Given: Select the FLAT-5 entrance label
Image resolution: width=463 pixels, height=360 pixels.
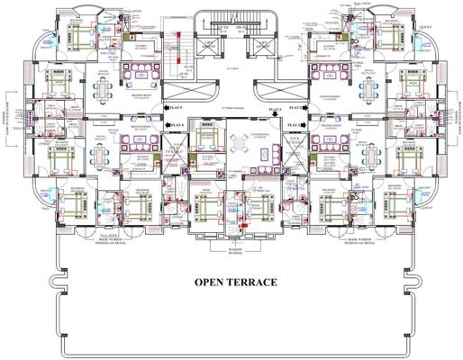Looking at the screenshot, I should click(177, 106).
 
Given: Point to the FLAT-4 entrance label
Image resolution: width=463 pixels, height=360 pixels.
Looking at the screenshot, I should click(177, 126).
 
